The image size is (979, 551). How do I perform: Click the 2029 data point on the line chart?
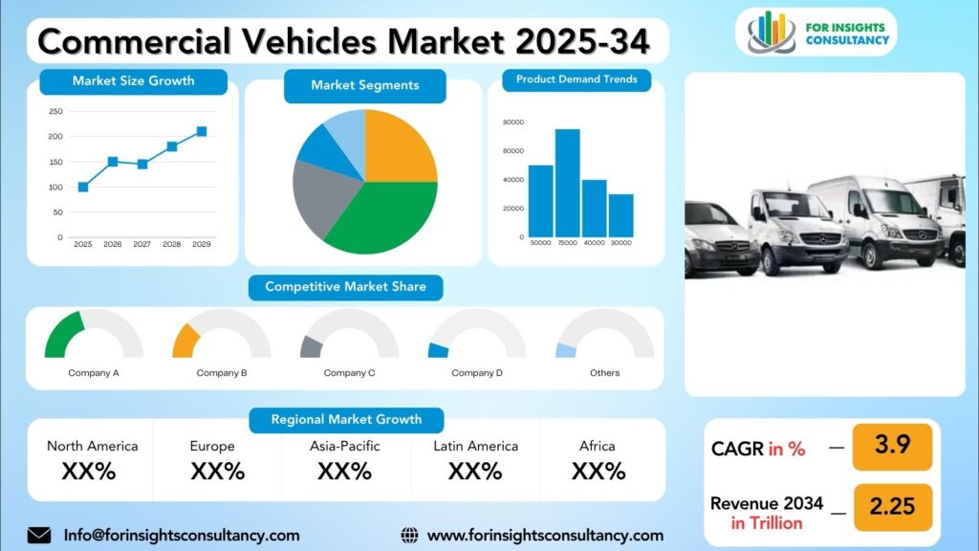point(202,132)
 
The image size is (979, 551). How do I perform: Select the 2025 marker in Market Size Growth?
point(83,187)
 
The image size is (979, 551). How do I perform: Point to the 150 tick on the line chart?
point(56,162)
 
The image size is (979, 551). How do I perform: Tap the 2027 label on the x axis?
point(142,244)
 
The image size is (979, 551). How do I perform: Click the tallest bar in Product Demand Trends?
point(568,183)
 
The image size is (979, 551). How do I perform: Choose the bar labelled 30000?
point(621,215)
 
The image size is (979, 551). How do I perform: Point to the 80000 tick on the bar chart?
point(513,122)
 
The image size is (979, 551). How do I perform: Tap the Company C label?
point(349,373)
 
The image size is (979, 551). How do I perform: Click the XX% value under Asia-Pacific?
point(344,471)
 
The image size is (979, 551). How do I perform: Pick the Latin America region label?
point(476,446)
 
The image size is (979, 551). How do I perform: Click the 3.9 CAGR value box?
point(892,447)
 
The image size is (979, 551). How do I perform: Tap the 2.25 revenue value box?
point(892,507)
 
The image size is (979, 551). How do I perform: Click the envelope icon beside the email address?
point(39,536)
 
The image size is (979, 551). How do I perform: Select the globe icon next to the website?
point(409,536)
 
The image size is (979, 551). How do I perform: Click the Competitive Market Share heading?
point(346,287)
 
